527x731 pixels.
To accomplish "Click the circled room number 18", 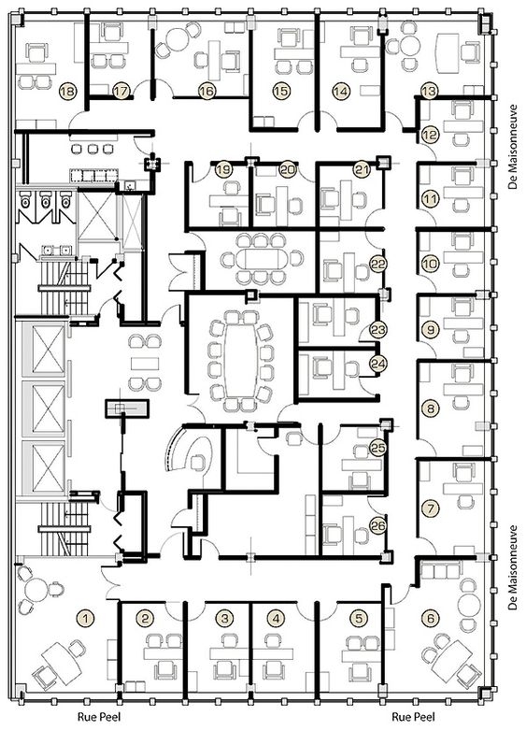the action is (x=68, y=91).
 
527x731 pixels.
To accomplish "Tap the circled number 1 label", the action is (x=85, y=618).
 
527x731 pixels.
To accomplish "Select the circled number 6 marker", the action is (x=430, y=618).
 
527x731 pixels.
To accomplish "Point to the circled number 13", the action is (x=429, y=91).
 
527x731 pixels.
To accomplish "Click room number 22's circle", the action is (x=377, y=264).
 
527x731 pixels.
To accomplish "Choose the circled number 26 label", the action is (x=377, y=526).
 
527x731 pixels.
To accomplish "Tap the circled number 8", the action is (x=430, y=408).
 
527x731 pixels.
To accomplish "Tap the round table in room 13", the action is (x=410, y=46).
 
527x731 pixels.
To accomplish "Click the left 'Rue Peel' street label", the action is (x=99, y=716).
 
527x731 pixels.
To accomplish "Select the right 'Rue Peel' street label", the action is (x=413, y=716).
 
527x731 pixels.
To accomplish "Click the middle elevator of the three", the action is (x=43, y=408).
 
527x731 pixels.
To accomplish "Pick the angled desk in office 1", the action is (x=59, y=661).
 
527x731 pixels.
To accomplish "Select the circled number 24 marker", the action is (x=377, y=364).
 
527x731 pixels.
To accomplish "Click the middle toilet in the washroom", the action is (x=46, y=200).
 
